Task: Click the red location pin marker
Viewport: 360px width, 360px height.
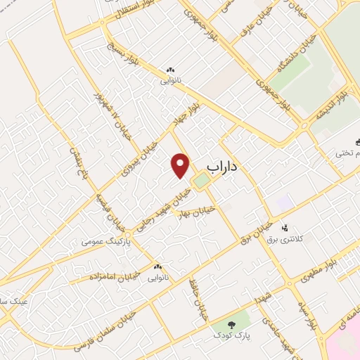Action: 181,165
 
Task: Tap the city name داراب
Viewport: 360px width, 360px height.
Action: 224,166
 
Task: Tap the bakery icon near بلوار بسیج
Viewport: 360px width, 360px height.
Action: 169,70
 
